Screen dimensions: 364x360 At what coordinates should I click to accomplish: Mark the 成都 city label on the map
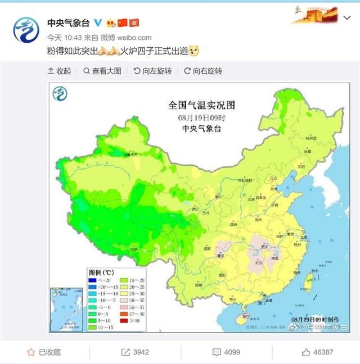[207, 247]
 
